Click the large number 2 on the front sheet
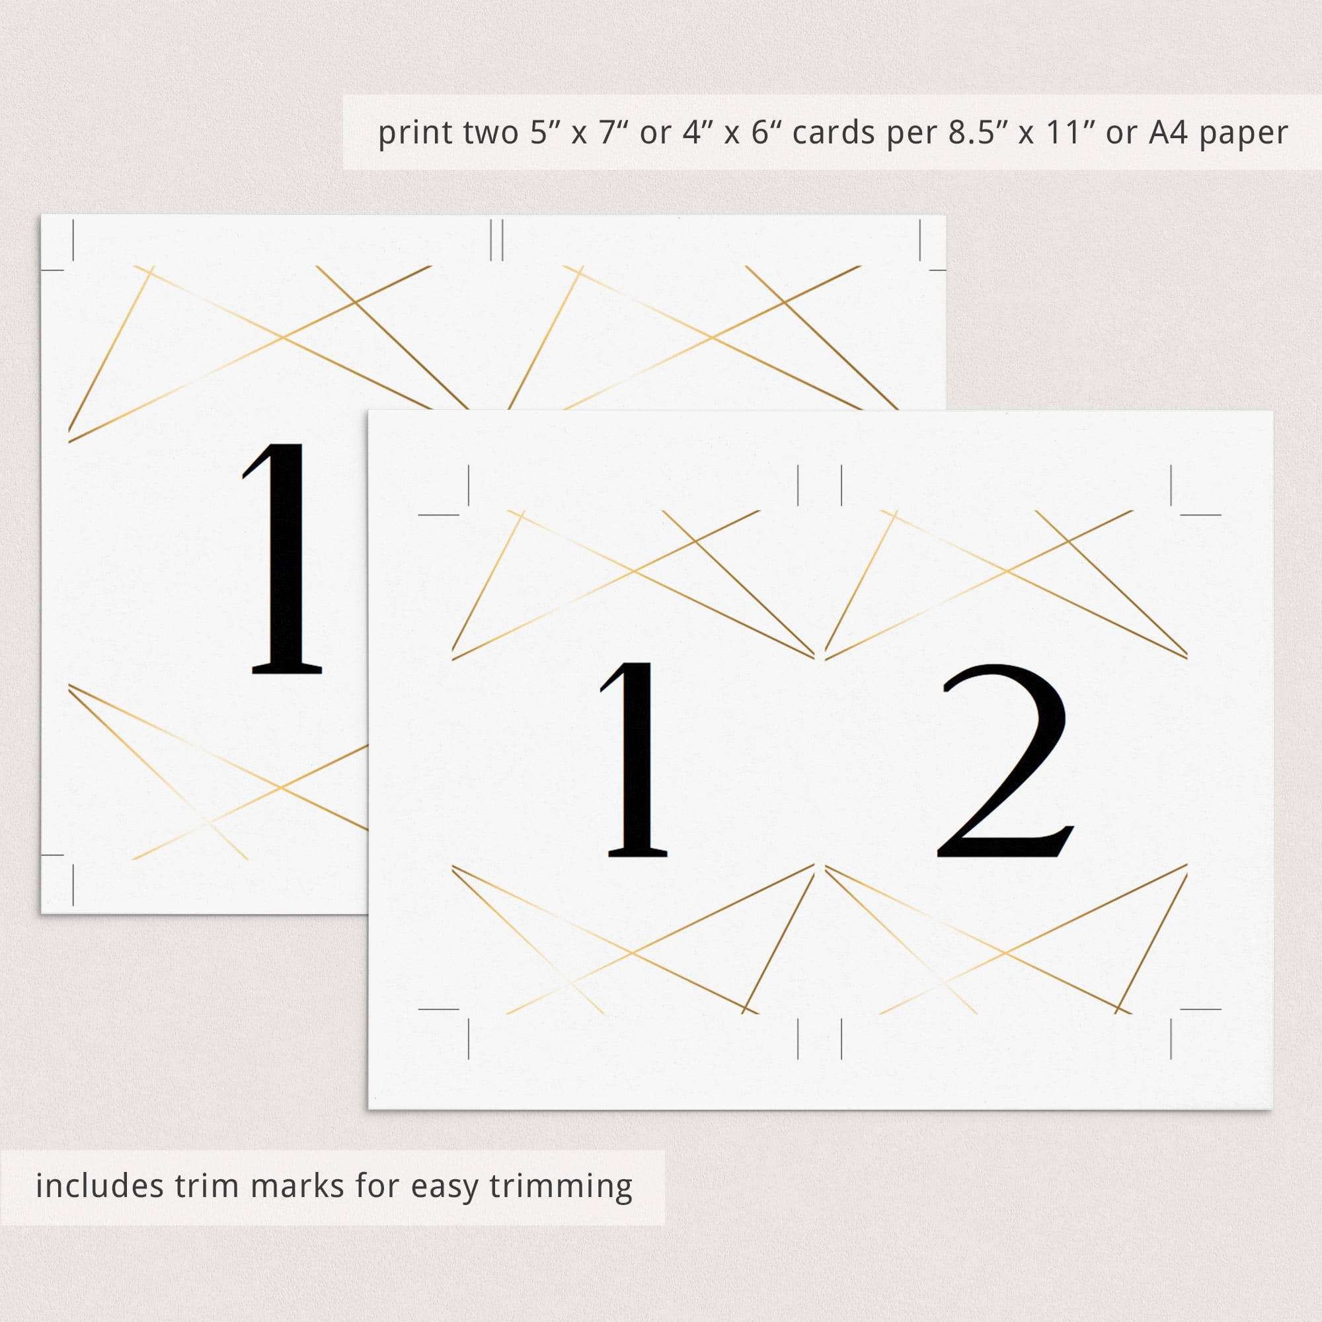[1003, 761]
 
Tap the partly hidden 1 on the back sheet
[282, 558]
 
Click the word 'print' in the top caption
[414, 133]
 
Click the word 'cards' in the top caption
[833, 133]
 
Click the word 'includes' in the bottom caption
[99, 1186]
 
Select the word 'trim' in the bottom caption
[208, 1186]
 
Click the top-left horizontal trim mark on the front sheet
[438, 514]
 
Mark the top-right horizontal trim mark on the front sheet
[1201, 514]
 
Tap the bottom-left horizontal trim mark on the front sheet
[438, 1009]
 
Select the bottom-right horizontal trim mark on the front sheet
[1201, 1009]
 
